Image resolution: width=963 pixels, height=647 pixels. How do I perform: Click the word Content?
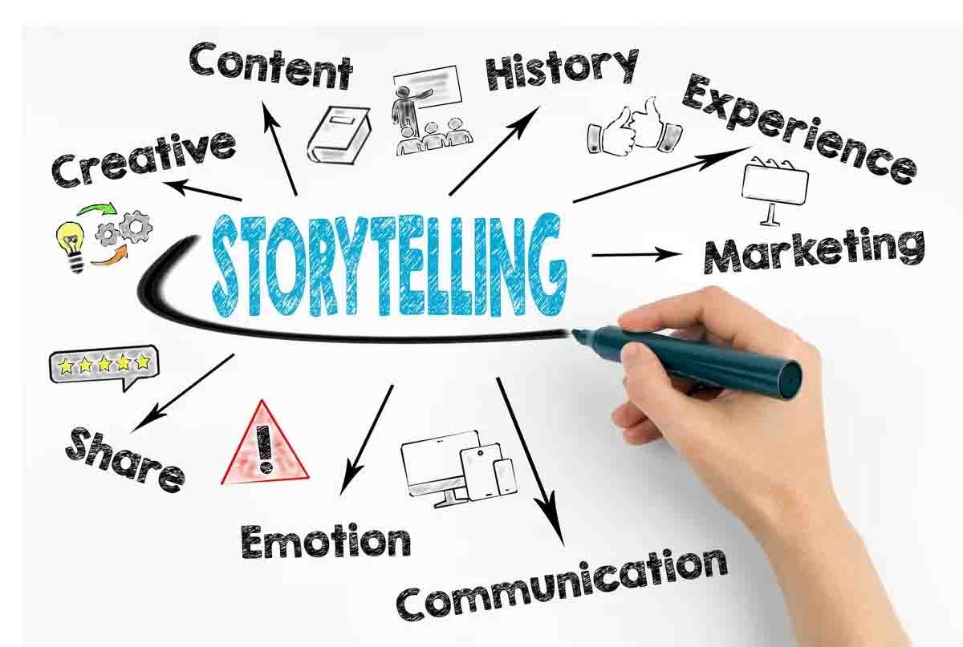click(x=271, y=67)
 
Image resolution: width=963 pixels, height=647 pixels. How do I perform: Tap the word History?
click(x=562, y=70)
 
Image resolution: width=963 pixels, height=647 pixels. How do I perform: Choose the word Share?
click(x=124, y=459)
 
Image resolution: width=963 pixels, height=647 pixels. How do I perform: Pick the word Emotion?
click(x=326, y=541)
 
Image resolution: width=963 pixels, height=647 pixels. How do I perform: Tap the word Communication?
click(x=562, y=584)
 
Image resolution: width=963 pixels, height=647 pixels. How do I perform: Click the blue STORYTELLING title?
click(x=389, y=265)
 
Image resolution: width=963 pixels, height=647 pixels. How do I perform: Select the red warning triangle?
click(x=264, y=444)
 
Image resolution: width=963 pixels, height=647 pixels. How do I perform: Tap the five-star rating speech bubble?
click(x=104, y=367)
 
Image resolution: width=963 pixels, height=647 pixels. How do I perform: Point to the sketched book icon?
click(x=339, y=135)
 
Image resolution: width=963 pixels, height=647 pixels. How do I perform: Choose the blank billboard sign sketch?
click(x=775, y=190)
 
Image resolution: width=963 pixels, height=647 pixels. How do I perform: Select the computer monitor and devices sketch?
click(x=459, y=469)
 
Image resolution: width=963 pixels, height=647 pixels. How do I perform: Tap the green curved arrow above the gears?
click(x=97, y=209)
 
